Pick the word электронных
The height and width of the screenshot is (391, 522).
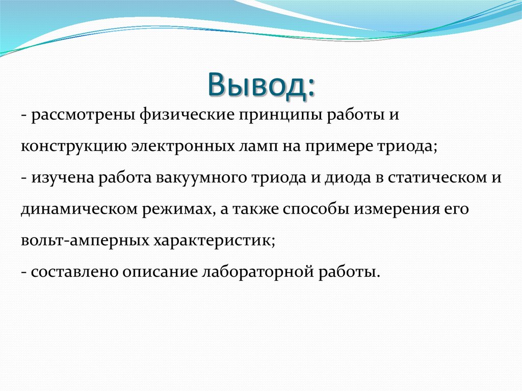pyautogui.click(x=184, y=147)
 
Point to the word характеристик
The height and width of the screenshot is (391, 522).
pyautogui.click(x=213, y=241)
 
